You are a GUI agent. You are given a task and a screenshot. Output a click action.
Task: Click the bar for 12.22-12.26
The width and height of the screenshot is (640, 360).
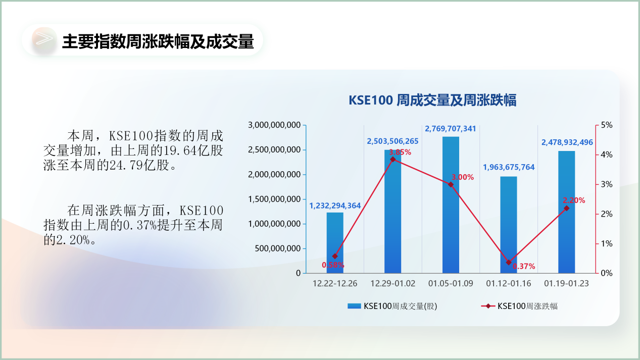coord(335,242)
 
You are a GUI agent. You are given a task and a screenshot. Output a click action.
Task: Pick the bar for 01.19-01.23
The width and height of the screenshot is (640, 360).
coord(566,212)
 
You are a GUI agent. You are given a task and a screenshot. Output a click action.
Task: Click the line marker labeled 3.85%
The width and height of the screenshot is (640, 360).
coord(393,159)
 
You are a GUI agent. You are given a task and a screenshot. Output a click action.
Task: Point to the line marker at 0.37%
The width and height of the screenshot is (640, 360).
coord(509,262)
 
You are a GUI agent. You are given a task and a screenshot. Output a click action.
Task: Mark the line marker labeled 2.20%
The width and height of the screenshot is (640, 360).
coord(566,208)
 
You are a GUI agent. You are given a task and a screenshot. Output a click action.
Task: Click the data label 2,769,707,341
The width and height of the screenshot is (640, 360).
coord(451,129)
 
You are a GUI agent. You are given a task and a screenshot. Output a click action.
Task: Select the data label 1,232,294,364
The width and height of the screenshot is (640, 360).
coord(335,205)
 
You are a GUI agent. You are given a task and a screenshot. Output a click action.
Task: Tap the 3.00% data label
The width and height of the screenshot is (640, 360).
coord(463,177)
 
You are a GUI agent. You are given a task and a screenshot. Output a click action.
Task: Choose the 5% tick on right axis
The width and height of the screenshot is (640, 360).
coord(606,125)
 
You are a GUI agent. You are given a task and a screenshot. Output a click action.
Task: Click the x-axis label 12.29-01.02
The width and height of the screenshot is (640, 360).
coord(393,284)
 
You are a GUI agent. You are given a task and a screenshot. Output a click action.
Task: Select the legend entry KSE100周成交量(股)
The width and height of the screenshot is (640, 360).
coord(392,306)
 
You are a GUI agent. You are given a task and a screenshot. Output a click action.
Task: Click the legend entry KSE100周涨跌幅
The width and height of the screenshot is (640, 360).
coord(520,306)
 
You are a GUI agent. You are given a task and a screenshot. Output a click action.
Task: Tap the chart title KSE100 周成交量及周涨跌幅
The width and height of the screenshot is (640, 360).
coord(432,100)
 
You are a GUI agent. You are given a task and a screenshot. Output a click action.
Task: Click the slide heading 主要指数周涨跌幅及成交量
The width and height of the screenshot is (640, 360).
coord(158,41)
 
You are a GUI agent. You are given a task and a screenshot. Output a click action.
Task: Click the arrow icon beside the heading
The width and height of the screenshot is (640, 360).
coord(44,40)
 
